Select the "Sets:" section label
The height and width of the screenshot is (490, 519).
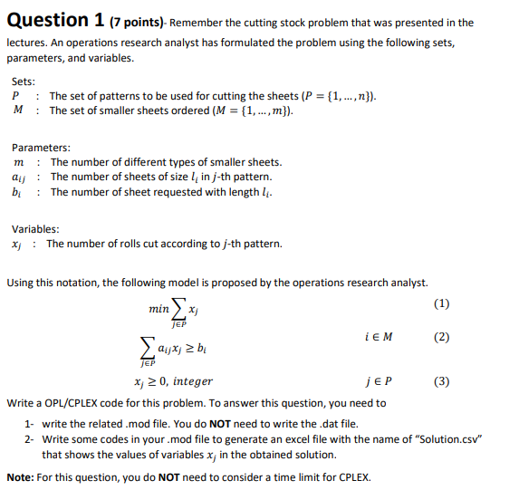click(24, 81)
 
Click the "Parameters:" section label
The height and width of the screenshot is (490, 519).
click(41, 148)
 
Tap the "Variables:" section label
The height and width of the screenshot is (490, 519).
click(35, 229)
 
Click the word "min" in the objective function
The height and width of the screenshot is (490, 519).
click(159, 309)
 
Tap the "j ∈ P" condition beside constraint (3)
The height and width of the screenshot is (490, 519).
click(376, 381)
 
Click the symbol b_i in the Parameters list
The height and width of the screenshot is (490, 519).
click(17, 193)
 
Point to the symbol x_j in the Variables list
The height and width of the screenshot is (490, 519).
click(17, 245)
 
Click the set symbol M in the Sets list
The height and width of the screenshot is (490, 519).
click(18, 110)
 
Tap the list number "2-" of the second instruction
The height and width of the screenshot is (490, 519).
click(30, 439)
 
